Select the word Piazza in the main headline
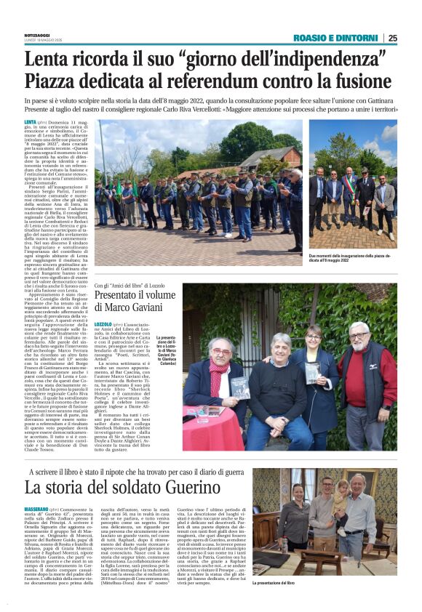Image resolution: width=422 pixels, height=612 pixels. click(57, 80)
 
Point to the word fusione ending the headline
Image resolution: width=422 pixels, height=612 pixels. click(363, 80)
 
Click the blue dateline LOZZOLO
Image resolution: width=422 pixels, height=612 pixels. click(103, 323)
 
